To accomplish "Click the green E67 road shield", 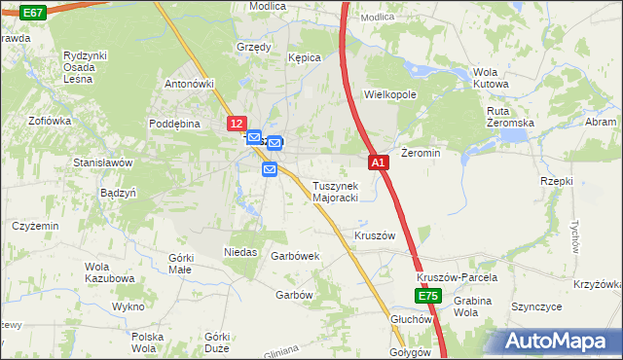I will click(32, 13).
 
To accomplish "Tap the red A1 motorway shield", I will click(380, 163).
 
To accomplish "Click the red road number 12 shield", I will click(238, 125).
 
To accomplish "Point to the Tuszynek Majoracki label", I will click(336, 192).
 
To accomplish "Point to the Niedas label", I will click(240, 252).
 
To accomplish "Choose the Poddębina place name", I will click(174, 124).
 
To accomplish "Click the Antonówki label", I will click(189, 84).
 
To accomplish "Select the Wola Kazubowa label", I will click(109, 272).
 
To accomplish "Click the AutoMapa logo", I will click(557, 341).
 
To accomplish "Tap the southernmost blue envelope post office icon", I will click(271, 170).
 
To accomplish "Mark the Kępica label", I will click(304, 58).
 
